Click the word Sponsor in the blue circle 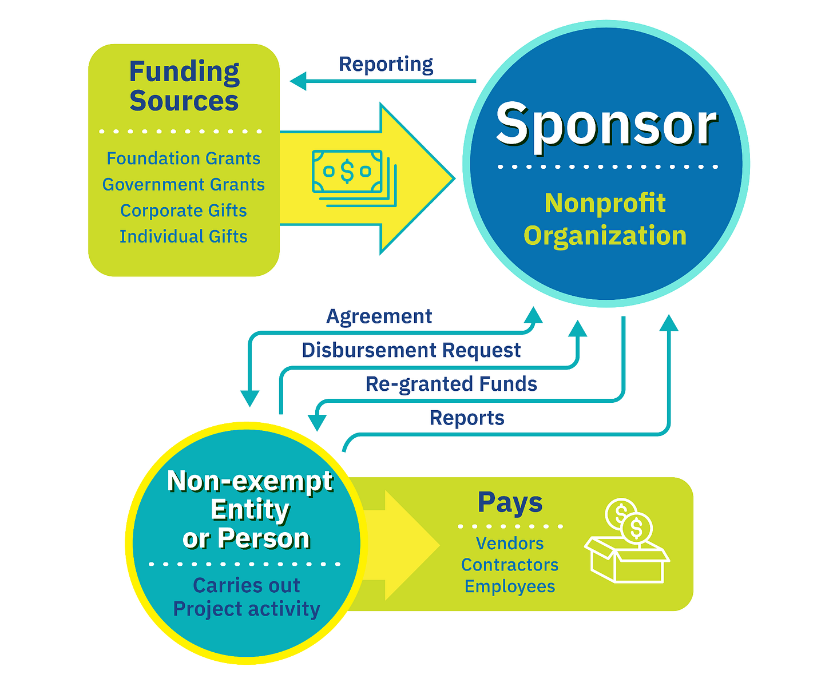[x=606, y=124]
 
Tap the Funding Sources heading [x=184, y=86]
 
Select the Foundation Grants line [x=184, y=158]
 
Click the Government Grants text [x=184, y=184]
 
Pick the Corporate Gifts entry [x=184, y=211]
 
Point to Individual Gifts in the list [x=184, y=236]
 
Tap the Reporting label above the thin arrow [x=386, y=64]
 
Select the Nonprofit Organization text [x=605, y=219]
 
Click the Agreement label [x=379, y=316]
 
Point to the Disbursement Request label [x=411, y=350]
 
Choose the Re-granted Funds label [x=451, y=384]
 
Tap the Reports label [x=467, y=418]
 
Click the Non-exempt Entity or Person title [x=249, y=509]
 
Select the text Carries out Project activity [x=247, y=597]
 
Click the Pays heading [x=510, y=503]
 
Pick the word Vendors [x=510, y=543]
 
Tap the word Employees [x=510, y=586]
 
